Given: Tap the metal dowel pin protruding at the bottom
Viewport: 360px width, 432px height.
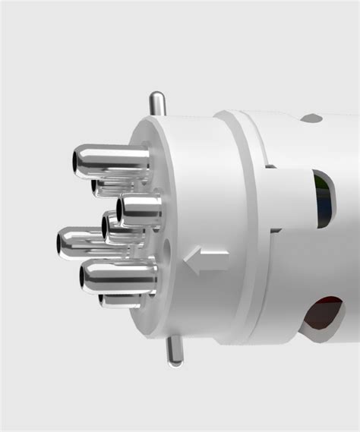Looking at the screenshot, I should click(x=175, y=352).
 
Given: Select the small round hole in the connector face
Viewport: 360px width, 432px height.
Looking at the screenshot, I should click(x=166, y=248).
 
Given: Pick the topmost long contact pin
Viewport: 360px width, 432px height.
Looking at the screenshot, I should click(x=114, y=162).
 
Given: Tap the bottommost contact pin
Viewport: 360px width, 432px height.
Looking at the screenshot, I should click(x=122, y=301).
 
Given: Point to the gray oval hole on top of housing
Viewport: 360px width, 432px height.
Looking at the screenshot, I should click(x=311, y=118).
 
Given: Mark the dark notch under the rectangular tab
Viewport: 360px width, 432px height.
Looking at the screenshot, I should click(x=275, y=229).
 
